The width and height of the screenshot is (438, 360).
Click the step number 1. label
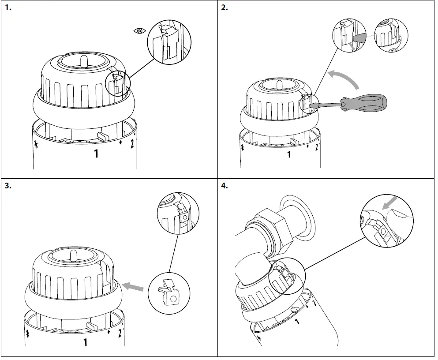[7, 7]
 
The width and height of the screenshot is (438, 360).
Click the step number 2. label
[225, 7]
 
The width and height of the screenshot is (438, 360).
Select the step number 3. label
[7, 186]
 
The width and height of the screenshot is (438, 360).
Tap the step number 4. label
[225, 186]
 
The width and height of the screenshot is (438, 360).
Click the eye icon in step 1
[139, 30]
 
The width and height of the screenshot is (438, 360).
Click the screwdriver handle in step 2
[367, 102]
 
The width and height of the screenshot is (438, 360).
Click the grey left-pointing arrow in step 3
[134, 287]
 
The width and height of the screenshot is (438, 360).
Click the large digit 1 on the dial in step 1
[96, 154]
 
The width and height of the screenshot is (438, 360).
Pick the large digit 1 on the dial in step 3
[86, 342]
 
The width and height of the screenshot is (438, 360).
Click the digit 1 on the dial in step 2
[289, 154]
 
